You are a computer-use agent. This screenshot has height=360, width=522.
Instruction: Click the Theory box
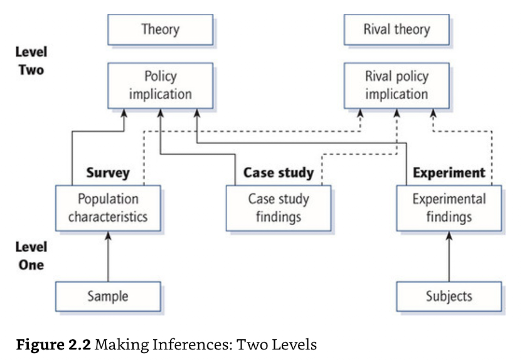click(161, 29)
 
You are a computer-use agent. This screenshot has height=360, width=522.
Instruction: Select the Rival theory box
click(397, 29)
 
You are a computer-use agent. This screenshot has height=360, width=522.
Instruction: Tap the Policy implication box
click(161, 85)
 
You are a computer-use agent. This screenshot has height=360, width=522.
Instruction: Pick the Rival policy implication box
click(397, 85)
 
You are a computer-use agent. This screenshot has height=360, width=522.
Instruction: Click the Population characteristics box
click(108, 208)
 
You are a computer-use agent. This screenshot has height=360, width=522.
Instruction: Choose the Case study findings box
click(279, 208)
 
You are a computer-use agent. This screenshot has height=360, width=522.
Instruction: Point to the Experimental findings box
click(449, 208)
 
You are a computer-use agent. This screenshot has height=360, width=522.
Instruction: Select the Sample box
click(108, 297)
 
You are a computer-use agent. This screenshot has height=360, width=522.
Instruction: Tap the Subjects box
click(449, 297)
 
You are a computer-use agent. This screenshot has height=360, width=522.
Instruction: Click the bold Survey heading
click(108, 173)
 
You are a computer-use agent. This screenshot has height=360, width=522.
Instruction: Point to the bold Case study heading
click(279, 173)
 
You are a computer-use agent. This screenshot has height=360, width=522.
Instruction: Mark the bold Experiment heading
click(449, 172)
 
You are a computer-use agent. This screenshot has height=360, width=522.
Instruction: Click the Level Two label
click(31, 61)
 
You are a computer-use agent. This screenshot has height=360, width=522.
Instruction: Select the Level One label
click(31, 256)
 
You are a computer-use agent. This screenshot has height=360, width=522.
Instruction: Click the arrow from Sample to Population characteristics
click(108, 257)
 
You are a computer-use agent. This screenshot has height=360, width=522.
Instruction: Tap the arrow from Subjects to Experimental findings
click(449, 257)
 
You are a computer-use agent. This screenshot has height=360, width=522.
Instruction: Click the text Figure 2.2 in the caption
click(53, 345)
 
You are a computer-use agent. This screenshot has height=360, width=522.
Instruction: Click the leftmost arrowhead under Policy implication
click(124, 113)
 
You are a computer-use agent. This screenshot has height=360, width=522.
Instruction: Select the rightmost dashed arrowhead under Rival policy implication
click(433, 113)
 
